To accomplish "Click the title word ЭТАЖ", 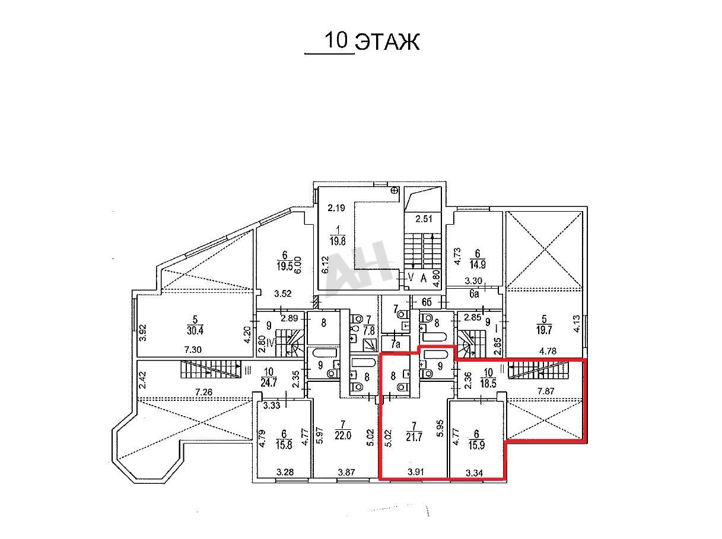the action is pyautogui.click(x=387, y=42).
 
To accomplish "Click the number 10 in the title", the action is pyautogui.click(x=336, y=40).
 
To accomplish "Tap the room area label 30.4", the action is pyautogui.click(x=195, y=330).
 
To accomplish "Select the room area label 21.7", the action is pyautogui.click(x=414, y=437).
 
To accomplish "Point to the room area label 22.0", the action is pyautogui.click(x=343, y=435).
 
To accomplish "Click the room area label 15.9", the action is pyautogui.click(x=476, y=446).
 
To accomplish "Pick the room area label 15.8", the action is pyautogui.click(x=284, y=446).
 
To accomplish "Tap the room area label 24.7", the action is pyautogui.click(x=269, y=382).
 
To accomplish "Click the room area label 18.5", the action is pyautogui.click(x=488, y=383).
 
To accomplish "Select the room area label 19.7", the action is pyautogui.click(x=544, y=329).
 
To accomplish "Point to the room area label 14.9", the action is pyautogui.click(x=478, y=264).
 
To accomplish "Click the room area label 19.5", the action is pyautogui.click(x=285, y=266).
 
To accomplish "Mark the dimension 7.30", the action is pyautogui.click(x=193, y=349).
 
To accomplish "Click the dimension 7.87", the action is pyautogui.click(x=546, y=391).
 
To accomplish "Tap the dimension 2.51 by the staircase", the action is pyautogui.click(x=424, y=219).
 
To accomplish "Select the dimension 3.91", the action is pyautogui.click(x=415, y=472).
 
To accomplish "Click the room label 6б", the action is pyautogui.click(x=427, y=302).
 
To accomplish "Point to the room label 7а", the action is pyautogui.click(x=396, y=344).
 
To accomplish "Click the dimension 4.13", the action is pyautogui.click(x=577, y=324).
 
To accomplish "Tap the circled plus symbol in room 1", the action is pyautogui.click(x=395, y=190).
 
